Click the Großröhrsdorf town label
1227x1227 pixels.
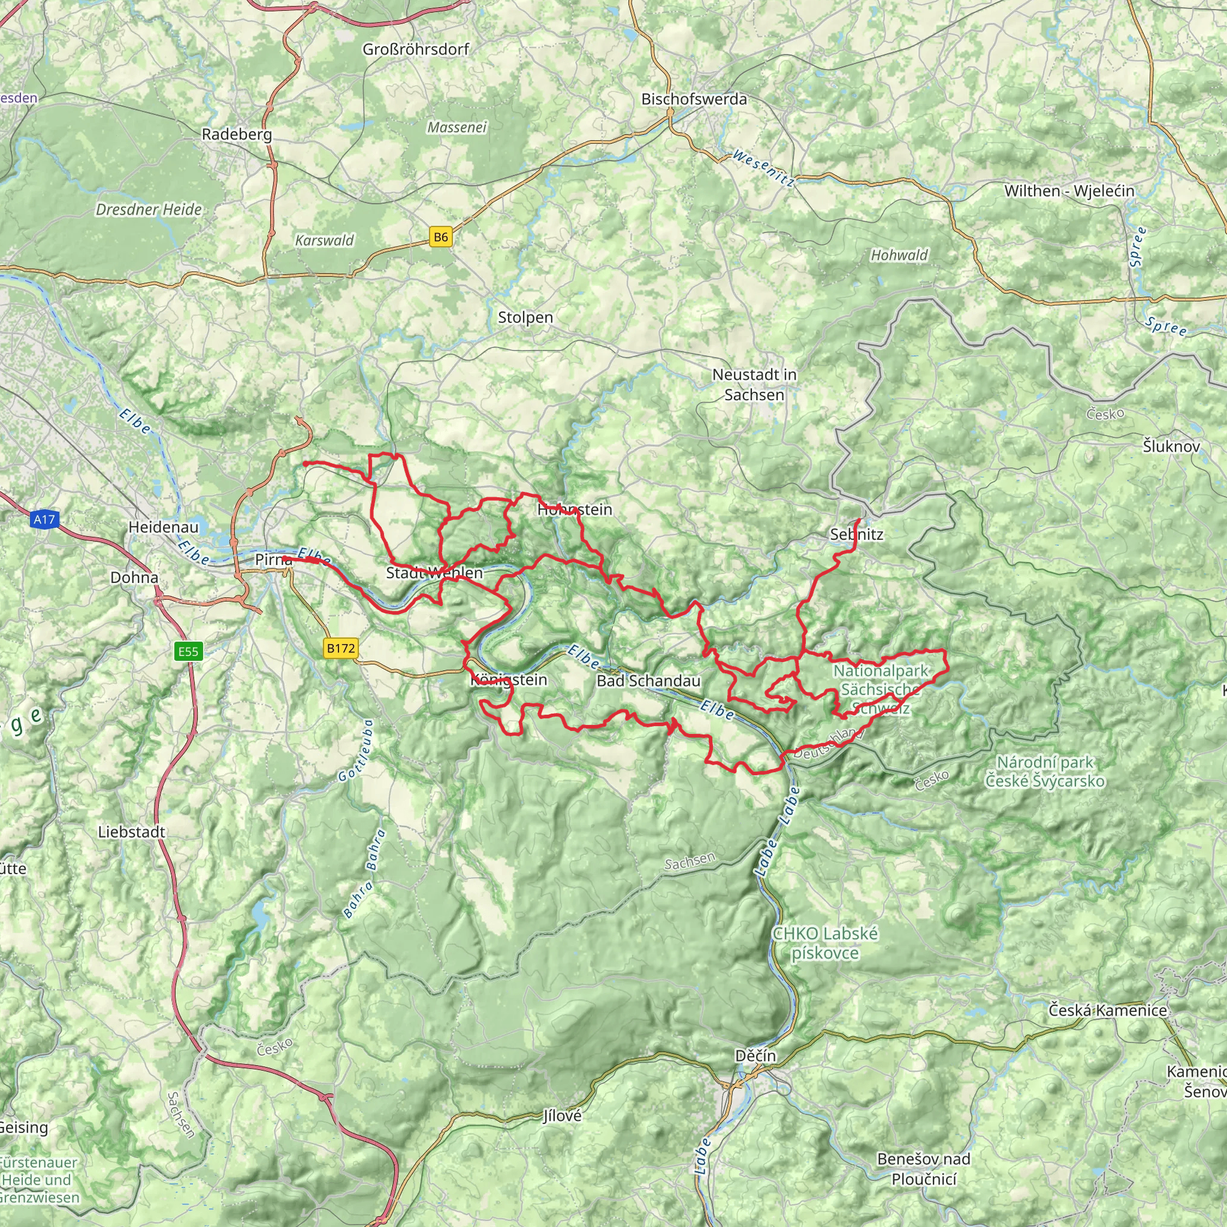pos(416,50)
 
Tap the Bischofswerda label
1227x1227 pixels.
pos(694,99)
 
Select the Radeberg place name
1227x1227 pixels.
pos(237,135)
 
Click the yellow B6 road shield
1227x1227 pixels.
pos(441,237)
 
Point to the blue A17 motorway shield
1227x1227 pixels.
pos(44,519)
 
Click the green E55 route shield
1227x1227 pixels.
pos(188,651)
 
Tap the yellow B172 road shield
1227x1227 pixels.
pos(340,648)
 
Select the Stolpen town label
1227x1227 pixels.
pos(525,318)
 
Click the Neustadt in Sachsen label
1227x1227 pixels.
pos(754,385)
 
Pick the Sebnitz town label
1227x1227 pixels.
pos(856,535)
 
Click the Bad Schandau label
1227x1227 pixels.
pos(648,681)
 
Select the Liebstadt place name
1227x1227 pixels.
pos(131,832)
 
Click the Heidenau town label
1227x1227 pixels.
pos(163,527)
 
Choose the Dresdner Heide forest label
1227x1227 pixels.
pos(149,210)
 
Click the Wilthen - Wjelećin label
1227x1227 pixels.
pos(1069,191)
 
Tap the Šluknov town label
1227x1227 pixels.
pos(1171,446)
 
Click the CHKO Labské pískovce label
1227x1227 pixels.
pos(825,943)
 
